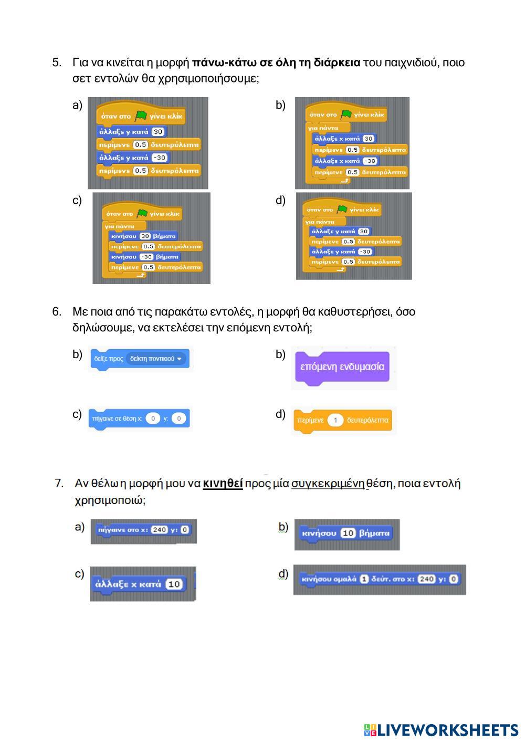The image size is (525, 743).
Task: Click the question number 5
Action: click(x=57, y=63)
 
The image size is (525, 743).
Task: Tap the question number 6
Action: click(x=57, y=312)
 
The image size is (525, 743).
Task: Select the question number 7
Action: click(x=59, y=483)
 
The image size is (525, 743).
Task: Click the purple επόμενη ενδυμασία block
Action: click(x=342, y=367)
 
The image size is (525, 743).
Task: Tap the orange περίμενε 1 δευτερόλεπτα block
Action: click(x=342, y=420)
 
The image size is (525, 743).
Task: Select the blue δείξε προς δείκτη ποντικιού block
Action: click(x=139, y=359)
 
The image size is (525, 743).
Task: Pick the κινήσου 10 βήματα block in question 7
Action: click(x=346, y=533)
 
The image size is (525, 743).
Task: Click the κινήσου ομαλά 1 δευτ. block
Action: click(x=379, y=579)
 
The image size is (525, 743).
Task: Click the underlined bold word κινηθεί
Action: click(x=223, y=483)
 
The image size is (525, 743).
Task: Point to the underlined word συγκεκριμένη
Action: click(x=328, y=483)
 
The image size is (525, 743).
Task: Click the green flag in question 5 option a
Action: click(x=140, y=116)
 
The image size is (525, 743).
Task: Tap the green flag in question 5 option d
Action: click(x=342, y=210)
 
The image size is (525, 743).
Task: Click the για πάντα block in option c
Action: click(x=120, y=226)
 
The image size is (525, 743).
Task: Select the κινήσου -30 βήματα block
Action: click(x=145, y=257)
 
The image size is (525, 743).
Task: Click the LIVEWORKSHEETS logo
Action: click(x=440, y=730)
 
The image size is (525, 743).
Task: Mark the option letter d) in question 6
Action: click(x=280, y=414)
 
